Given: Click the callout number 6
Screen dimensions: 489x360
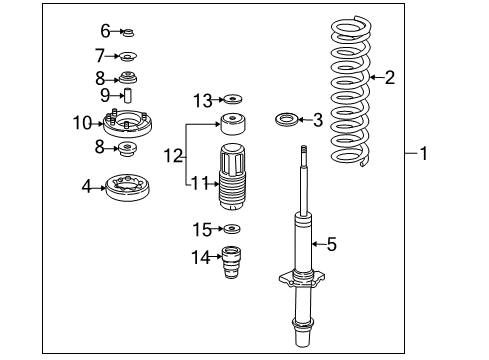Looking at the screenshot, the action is pyautogui.click(x=105, y=31).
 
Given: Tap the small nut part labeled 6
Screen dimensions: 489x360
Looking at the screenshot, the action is pyautogui.click(x=128, y=33).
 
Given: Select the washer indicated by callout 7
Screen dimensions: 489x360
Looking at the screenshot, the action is pyautogui.click(x=128, y=57).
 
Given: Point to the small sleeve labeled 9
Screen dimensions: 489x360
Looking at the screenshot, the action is pyautogui.click(x=128, y=96).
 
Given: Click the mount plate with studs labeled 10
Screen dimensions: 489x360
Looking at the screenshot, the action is pyautogui.click(x=128, y=123).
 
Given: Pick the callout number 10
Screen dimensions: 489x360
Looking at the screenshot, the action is pyautogui.click(x=82, y=123).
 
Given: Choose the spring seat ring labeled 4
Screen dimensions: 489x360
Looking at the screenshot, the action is pyautogui.click(x=127, y=188).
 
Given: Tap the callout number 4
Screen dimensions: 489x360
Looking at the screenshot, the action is pyautogui.click(x=86, y=186).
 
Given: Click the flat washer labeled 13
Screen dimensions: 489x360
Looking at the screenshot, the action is pyautogui.click(x=233, y=99).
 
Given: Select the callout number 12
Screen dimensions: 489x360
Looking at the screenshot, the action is pyautogui.click(x=173, y=156).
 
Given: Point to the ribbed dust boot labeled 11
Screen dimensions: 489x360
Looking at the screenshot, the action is pyautogui.click(x=232, y=177).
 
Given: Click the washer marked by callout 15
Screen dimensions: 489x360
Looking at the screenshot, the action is pyautogui.click(x=232, y=229).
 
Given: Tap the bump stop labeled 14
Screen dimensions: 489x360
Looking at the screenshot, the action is pyautogui.click(x=231, y=262).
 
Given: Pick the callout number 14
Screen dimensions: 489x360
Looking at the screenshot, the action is pyautogui.click(x=201, y=258).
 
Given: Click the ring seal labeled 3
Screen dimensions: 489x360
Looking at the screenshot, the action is pyautogui.click(x=287, y=120).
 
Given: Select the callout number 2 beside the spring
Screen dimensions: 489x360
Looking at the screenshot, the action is pyautogui.click(x=390, y=77).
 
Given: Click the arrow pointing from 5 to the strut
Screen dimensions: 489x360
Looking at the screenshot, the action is pyautogui.click(x=319, y=244).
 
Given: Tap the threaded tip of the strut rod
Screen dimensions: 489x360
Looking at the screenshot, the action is pyautogui.click(x=304, y=151).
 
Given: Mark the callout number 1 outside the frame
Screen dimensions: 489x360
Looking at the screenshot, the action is pyautogui.click(x=424, y=154).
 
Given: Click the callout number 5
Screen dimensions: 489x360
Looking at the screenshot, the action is pyautogui.click(x=332, y=244).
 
